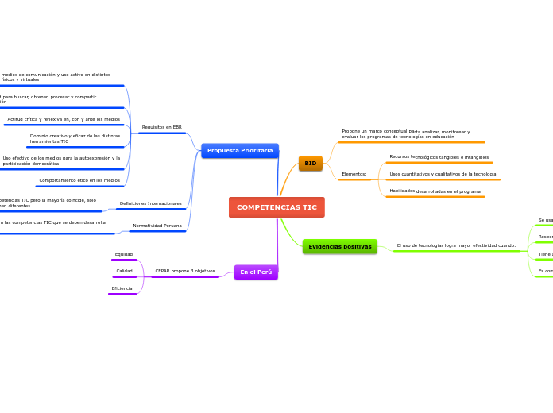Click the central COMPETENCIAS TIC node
point(276,207)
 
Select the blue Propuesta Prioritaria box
point(240,151)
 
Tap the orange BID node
point(310,164)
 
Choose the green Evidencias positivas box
point(339,247)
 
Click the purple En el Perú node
point(256,272)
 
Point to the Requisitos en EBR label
point(161,127)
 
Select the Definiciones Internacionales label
point(150,203)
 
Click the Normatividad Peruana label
point(157,226)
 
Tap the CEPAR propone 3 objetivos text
point(184,271)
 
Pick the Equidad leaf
point(124,254)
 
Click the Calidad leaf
point(124,271)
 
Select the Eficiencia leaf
point(122,288)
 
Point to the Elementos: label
point(354,174)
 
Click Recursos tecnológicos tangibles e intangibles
point(439,157)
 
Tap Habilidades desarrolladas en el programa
point(435,191)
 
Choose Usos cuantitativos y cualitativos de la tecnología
point(443,174)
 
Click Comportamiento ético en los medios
point(79,180)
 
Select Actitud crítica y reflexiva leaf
point(64,119)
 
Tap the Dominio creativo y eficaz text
point(75,138)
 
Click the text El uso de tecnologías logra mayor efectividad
point(456,245)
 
